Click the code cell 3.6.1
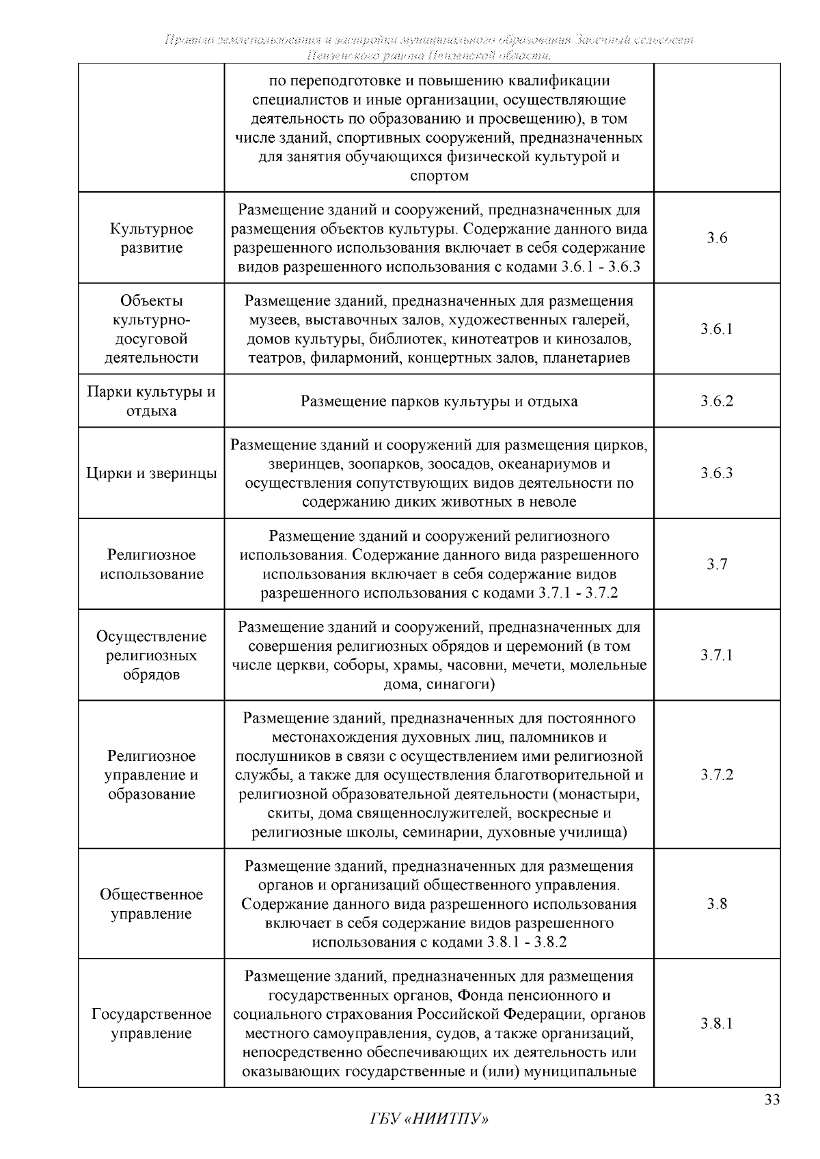(716, 329)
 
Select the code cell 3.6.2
(716, 401)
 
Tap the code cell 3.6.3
(716, 473)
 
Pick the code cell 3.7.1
(716, 656)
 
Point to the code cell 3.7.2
(716, 775)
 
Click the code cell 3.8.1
(716, 1024)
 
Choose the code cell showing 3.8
(716, 904)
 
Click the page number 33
(771, 1100)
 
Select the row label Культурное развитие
(151, 238)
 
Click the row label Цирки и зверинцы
(151, 473)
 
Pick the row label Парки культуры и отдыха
(151, 402)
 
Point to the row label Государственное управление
(151, 1024)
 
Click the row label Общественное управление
(151, 904)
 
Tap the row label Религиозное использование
(151, 564)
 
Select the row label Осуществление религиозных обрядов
(151, 656)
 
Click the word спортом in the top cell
(439, 176)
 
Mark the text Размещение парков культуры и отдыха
(439, 402)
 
